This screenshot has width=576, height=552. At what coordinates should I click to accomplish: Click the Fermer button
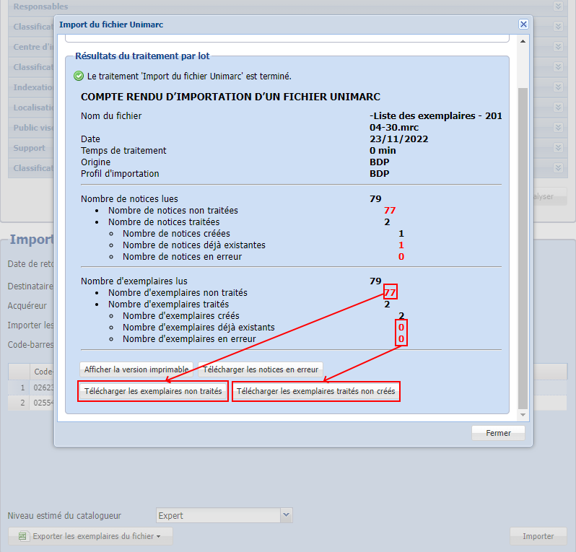[x=498, y=433]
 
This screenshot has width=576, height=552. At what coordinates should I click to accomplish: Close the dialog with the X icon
[x=523, y=24]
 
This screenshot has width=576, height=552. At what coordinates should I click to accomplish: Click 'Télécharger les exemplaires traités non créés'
[x=316, y=391]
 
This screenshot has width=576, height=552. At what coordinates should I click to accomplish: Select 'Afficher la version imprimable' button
[x=136, y=369]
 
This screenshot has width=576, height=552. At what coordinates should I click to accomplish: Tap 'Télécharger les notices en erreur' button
[x=260, y=369]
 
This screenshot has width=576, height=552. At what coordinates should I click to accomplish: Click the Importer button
[x=538, y=536]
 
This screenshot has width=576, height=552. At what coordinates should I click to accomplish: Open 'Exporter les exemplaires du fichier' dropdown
[x=90, y=536]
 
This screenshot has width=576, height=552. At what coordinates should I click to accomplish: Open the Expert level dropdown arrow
[x=286, y=515]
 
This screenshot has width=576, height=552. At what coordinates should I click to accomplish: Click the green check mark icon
[x=78, y=76]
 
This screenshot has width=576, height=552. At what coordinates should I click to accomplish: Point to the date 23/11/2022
[x=393, y=139]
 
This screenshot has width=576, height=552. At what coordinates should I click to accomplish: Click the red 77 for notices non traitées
[x=390, y=211]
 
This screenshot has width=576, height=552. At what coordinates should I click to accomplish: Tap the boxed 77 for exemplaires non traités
[x=390, y=293]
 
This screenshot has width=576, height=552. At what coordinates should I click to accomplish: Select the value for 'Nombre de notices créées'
[x=401, y=234]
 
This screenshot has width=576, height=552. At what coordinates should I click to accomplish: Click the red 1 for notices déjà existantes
[x=401, y=245]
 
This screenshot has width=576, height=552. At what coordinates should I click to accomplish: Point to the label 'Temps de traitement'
[x=123, y=150]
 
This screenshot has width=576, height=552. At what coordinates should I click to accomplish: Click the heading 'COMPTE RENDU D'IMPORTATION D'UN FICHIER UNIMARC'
[x=230, y=97]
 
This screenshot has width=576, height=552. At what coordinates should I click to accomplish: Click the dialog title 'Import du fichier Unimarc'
[x=111, y=25]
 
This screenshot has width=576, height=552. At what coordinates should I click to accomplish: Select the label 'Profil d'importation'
[x=120, y=173]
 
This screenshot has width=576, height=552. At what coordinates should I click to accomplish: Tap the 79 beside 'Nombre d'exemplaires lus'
[x=375, y=281]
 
